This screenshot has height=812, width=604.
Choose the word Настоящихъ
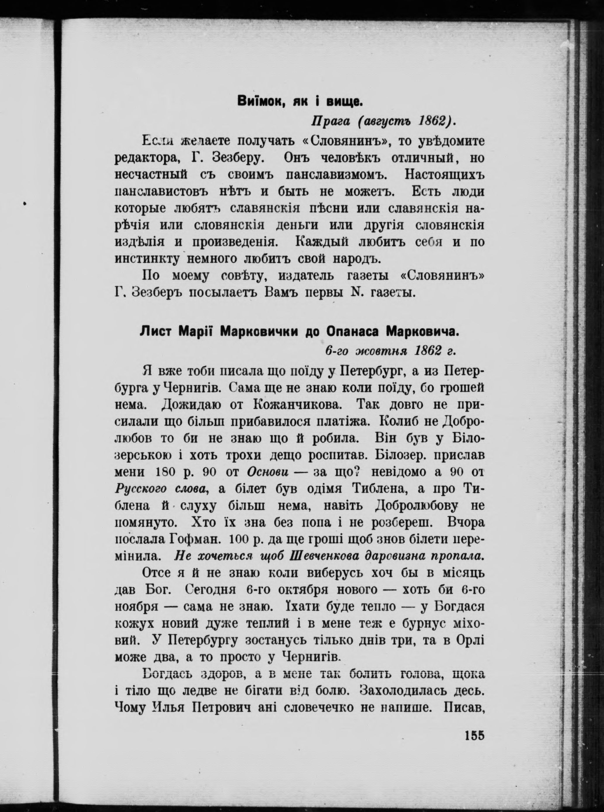pos(444,175)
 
